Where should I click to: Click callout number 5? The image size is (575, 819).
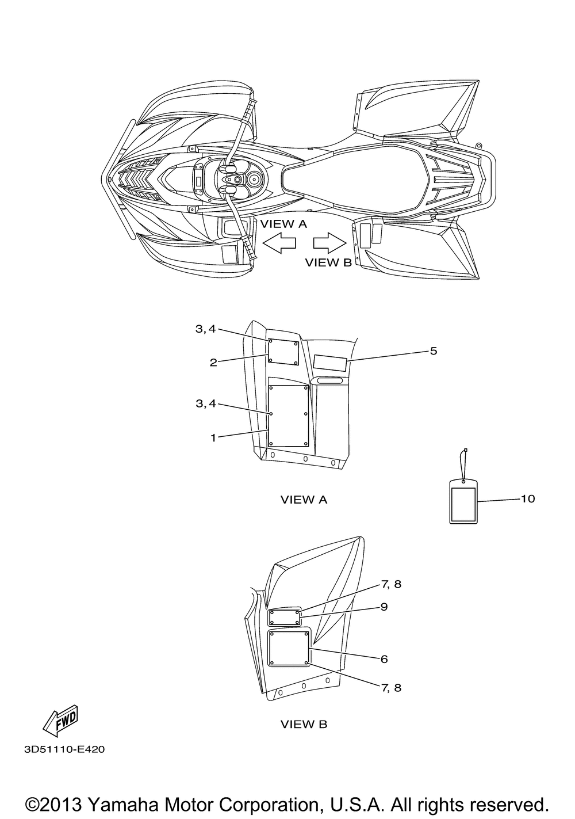(433, 351)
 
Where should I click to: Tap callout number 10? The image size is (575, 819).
(527, 499)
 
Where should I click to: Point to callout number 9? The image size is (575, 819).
(384, 607)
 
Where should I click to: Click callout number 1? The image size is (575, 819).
(213, 437)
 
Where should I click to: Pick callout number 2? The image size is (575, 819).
(213, 363)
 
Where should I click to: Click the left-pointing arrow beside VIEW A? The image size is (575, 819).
(279, 243)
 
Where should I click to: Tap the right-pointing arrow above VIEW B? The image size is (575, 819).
(329, 243)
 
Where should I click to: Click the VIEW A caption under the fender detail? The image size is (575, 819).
(304, 500)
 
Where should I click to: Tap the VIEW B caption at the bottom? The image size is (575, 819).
(304, 724)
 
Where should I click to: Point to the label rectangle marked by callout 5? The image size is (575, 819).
(330, 363)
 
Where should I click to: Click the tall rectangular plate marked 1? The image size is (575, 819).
(289, 416)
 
